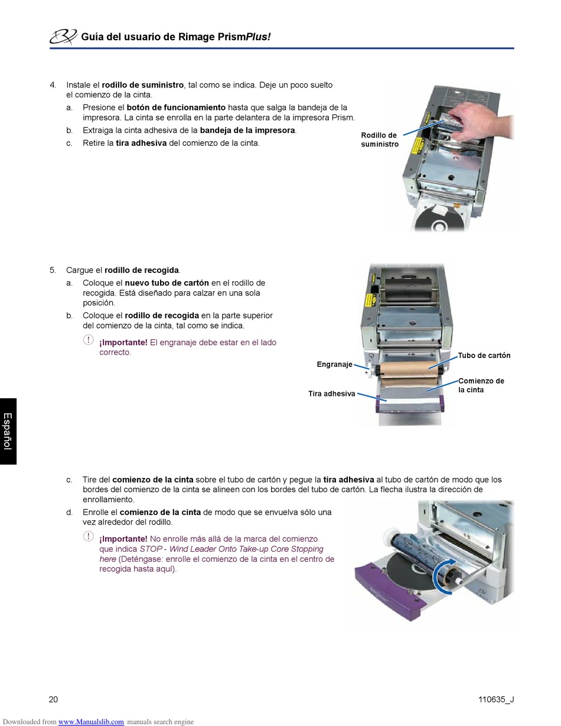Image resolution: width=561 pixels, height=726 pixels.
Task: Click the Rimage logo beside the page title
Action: point(63,37)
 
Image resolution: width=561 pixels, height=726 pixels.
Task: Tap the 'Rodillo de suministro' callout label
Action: point(380,139)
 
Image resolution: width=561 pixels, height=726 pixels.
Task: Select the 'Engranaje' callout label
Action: point(334,364)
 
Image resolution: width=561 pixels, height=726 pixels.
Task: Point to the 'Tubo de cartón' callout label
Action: point(484,355)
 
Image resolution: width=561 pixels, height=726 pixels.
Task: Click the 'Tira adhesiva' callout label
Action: point(332,393)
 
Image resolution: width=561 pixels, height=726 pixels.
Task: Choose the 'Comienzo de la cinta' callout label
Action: point(481,385)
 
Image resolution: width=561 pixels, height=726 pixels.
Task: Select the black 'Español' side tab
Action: point(8,431)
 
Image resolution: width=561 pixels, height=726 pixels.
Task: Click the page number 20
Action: point(53,699)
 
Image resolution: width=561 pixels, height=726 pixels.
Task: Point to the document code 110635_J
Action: point(496,699)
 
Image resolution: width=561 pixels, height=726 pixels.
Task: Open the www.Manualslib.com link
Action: point(91,722)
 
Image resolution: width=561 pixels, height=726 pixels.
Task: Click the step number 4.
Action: point(53,85)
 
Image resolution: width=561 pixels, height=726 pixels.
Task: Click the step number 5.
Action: point(53,270)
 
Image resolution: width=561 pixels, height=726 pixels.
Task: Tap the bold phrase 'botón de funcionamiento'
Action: point(176,108)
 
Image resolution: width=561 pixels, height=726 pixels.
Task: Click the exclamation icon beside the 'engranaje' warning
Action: point(88,340)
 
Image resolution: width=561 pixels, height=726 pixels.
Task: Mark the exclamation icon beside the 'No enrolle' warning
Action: point(88,536)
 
